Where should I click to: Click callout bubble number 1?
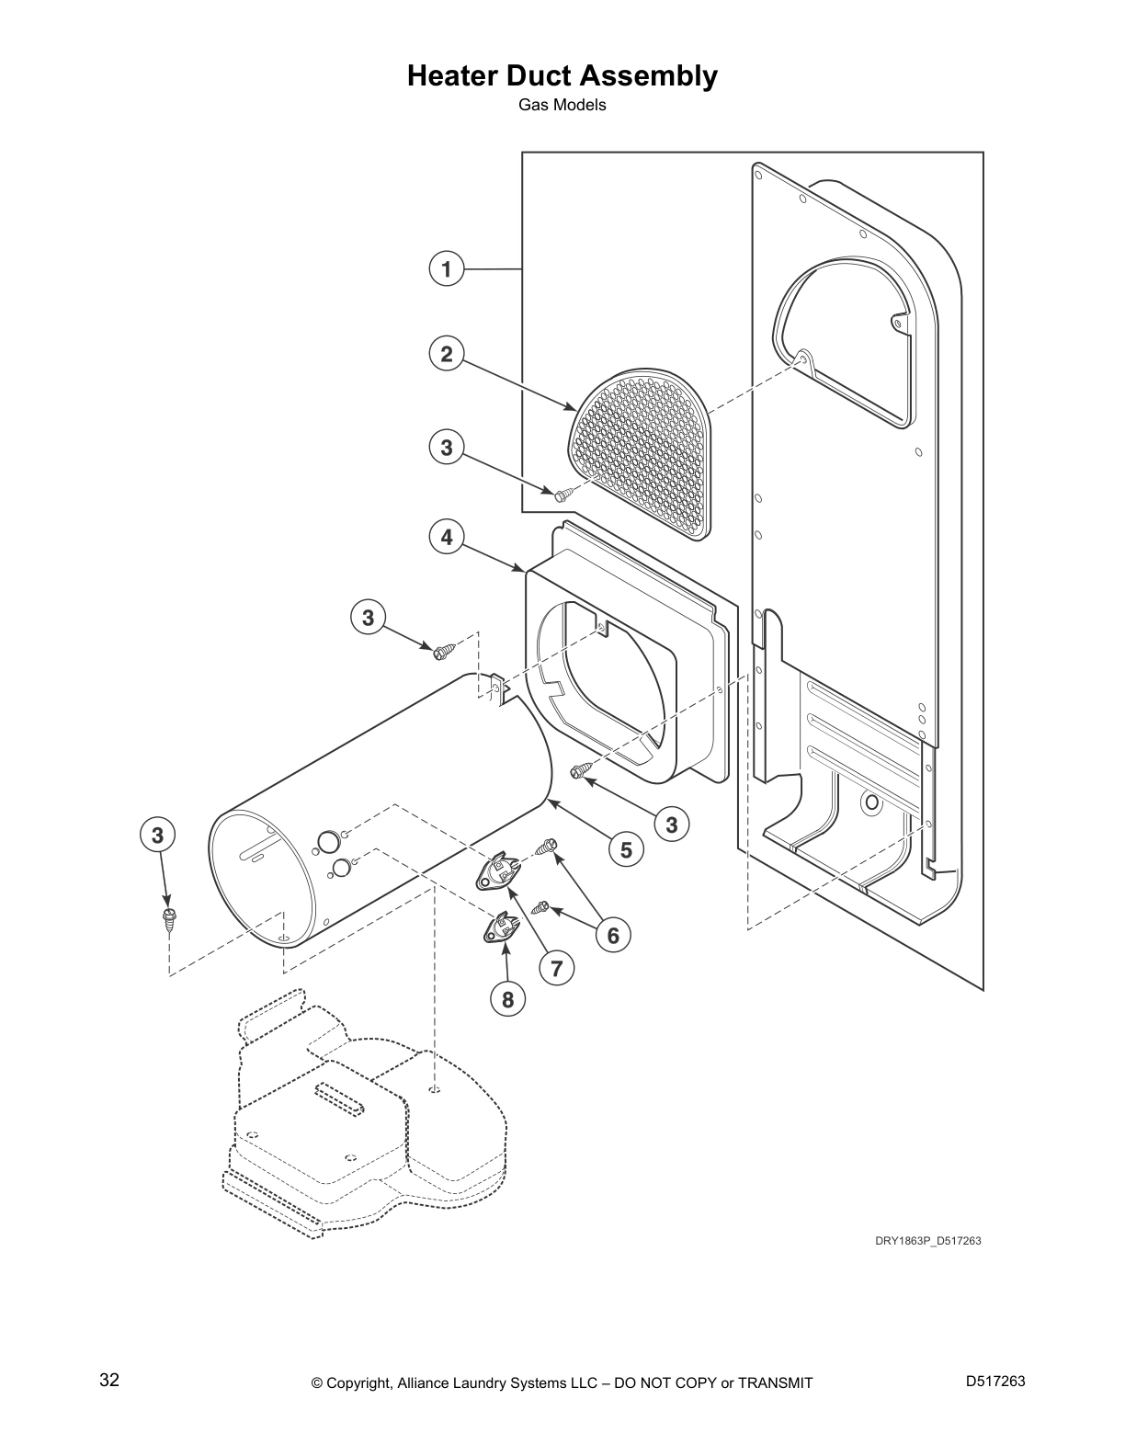447,269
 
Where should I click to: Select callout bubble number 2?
447,354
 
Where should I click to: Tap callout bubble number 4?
447,536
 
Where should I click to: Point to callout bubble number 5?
626,849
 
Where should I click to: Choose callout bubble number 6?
613,936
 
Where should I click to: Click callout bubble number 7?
557,967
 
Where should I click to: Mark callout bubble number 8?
508,998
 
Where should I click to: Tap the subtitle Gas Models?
562,105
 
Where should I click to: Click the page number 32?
109,1381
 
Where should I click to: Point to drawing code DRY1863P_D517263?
927,1241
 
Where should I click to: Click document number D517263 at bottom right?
995,1381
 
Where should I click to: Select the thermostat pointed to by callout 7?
496,871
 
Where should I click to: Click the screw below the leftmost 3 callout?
168,917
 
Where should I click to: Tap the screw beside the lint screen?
562,495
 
